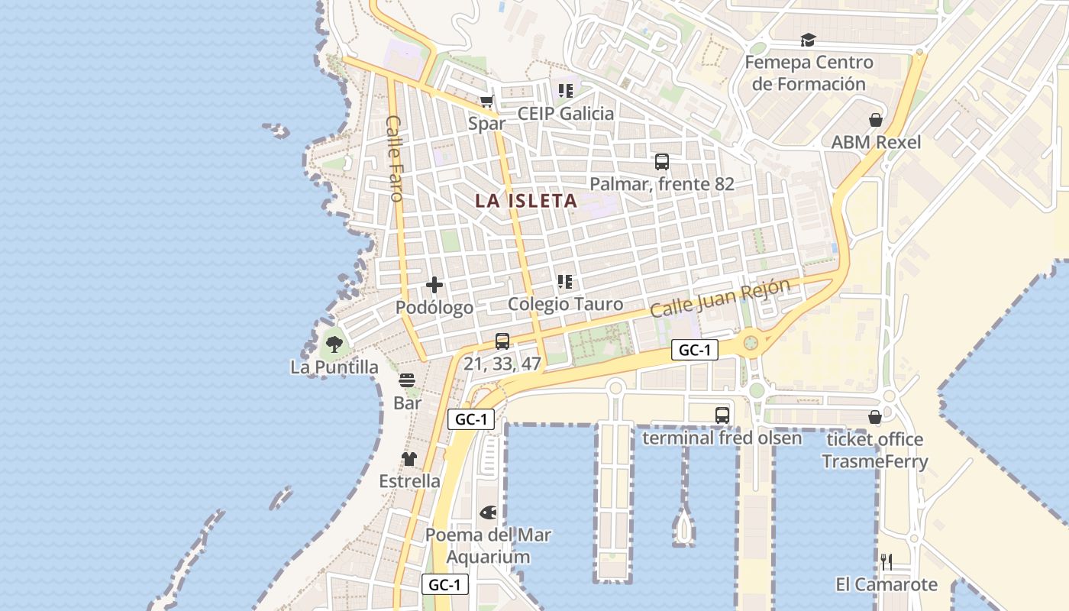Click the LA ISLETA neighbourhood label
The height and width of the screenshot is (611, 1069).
point(525,201)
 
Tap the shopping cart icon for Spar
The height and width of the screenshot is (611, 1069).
point(486,101)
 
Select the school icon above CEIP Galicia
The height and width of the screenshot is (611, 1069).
point(565,91)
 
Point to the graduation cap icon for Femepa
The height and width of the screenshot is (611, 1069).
point(808,40)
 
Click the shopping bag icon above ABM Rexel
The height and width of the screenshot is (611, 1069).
point(875,120)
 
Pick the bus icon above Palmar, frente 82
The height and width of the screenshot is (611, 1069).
point(661,162)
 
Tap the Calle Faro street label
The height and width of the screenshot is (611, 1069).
point(394,158)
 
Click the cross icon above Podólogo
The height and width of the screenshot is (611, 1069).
point(434,286)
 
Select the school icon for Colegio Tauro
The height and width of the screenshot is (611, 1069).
point(565,282)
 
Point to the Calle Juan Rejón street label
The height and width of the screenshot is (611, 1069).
point(720,299)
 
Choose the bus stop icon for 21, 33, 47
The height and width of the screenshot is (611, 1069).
point(502,341)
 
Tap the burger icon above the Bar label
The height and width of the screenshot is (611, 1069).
point(407,380)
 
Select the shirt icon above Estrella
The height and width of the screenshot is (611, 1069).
point(409,459)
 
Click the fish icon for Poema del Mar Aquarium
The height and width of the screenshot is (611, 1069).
point(488,512)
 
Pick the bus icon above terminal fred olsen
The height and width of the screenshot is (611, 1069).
point(722,415)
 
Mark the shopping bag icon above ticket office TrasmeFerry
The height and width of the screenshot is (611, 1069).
point(875,417)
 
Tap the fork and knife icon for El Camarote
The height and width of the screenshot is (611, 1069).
point(886,562)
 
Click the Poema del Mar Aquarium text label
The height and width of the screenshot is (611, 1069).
point(488,545)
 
